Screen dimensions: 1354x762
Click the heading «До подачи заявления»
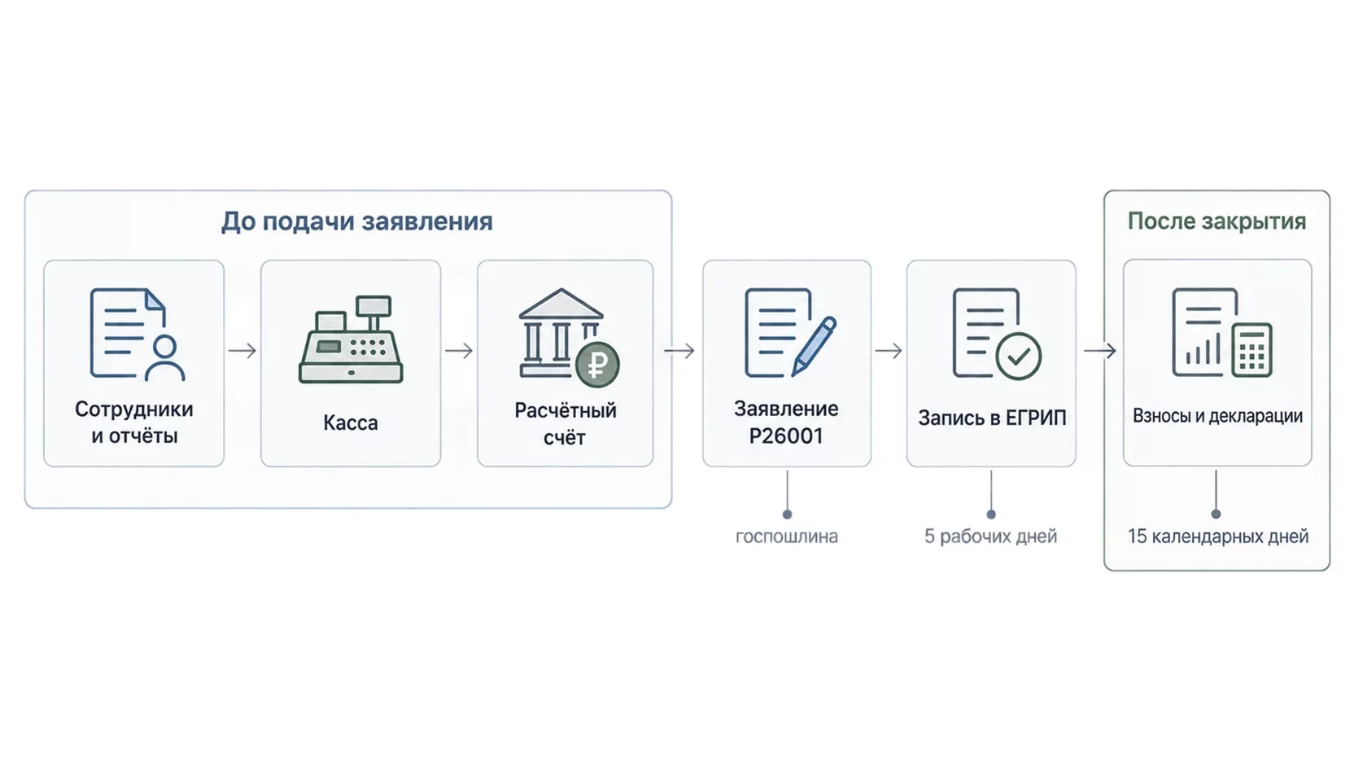356,221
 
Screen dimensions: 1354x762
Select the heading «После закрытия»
1216,221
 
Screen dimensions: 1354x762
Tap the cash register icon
351,339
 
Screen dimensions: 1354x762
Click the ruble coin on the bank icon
597,365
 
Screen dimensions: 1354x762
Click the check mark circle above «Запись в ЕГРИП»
1019,357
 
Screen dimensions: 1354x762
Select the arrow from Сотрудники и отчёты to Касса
242,351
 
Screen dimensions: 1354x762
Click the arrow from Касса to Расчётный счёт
460,351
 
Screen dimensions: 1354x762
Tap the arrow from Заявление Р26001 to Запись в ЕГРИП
889,351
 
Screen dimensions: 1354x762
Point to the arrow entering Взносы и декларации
1099,351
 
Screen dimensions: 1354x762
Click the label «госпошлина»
786,536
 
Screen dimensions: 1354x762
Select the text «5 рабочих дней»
991,536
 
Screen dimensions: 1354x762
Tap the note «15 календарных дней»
1217,536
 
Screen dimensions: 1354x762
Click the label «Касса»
351,423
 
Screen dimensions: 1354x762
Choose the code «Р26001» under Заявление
786,436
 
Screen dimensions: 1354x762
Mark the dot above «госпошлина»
787,515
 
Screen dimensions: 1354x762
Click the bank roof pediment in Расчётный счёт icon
561,304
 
